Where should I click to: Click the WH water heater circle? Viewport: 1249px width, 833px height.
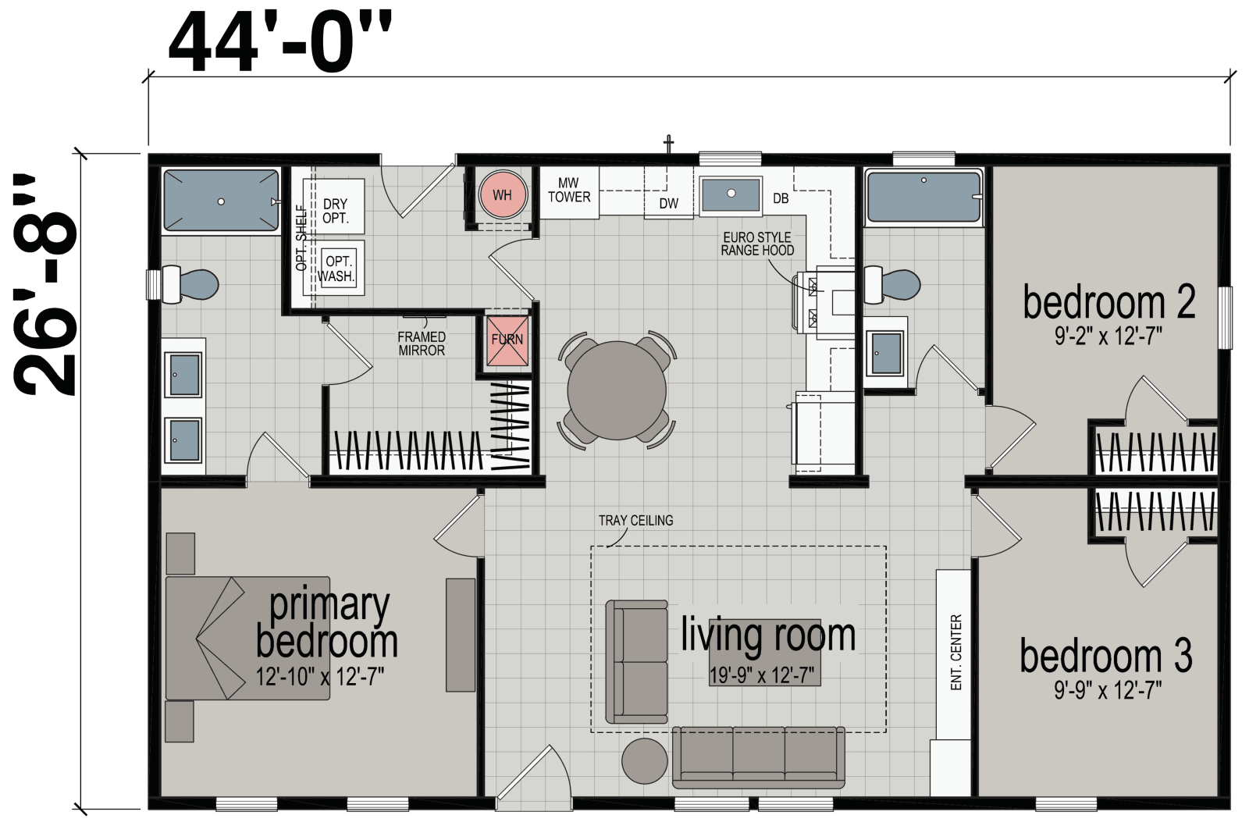click(x=502, y=194)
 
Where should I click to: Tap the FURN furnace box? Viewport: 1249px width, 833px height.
click(x=507, y=340)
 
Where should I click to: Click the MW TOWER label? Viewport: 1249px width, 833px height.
click(x=569, y=190)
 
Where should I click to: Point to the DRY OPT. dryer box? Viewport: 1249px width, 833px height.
click(x=336, y=205)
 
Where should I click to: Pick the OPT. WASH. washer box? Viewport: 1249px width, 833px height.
click(x=336, y=268)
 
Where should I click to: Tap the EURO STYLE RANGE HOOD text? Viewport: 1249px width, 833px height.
click(x=756, y=244)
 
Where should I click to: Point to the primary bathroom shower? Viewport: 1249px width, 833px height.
click(x=221, y=201)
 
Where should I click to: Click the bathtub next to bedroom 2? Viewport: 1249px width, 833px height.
click(x=923, y=199)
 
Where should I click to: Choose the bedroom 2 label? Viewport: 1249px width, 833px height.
click(x=1108, y=303)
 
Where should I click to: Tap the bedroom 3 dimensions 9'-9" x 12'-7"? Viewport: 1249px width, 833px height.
click(x=1105, y=690)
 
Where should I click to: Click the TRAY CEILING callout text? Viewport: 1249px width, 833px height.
click(x=635, y=521)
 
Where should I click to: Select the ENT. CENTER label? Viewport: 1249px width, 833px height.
click(x=956, y=653)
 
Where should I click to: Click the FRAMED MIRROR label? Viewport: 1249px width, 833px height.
click(x=422, y=344)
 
